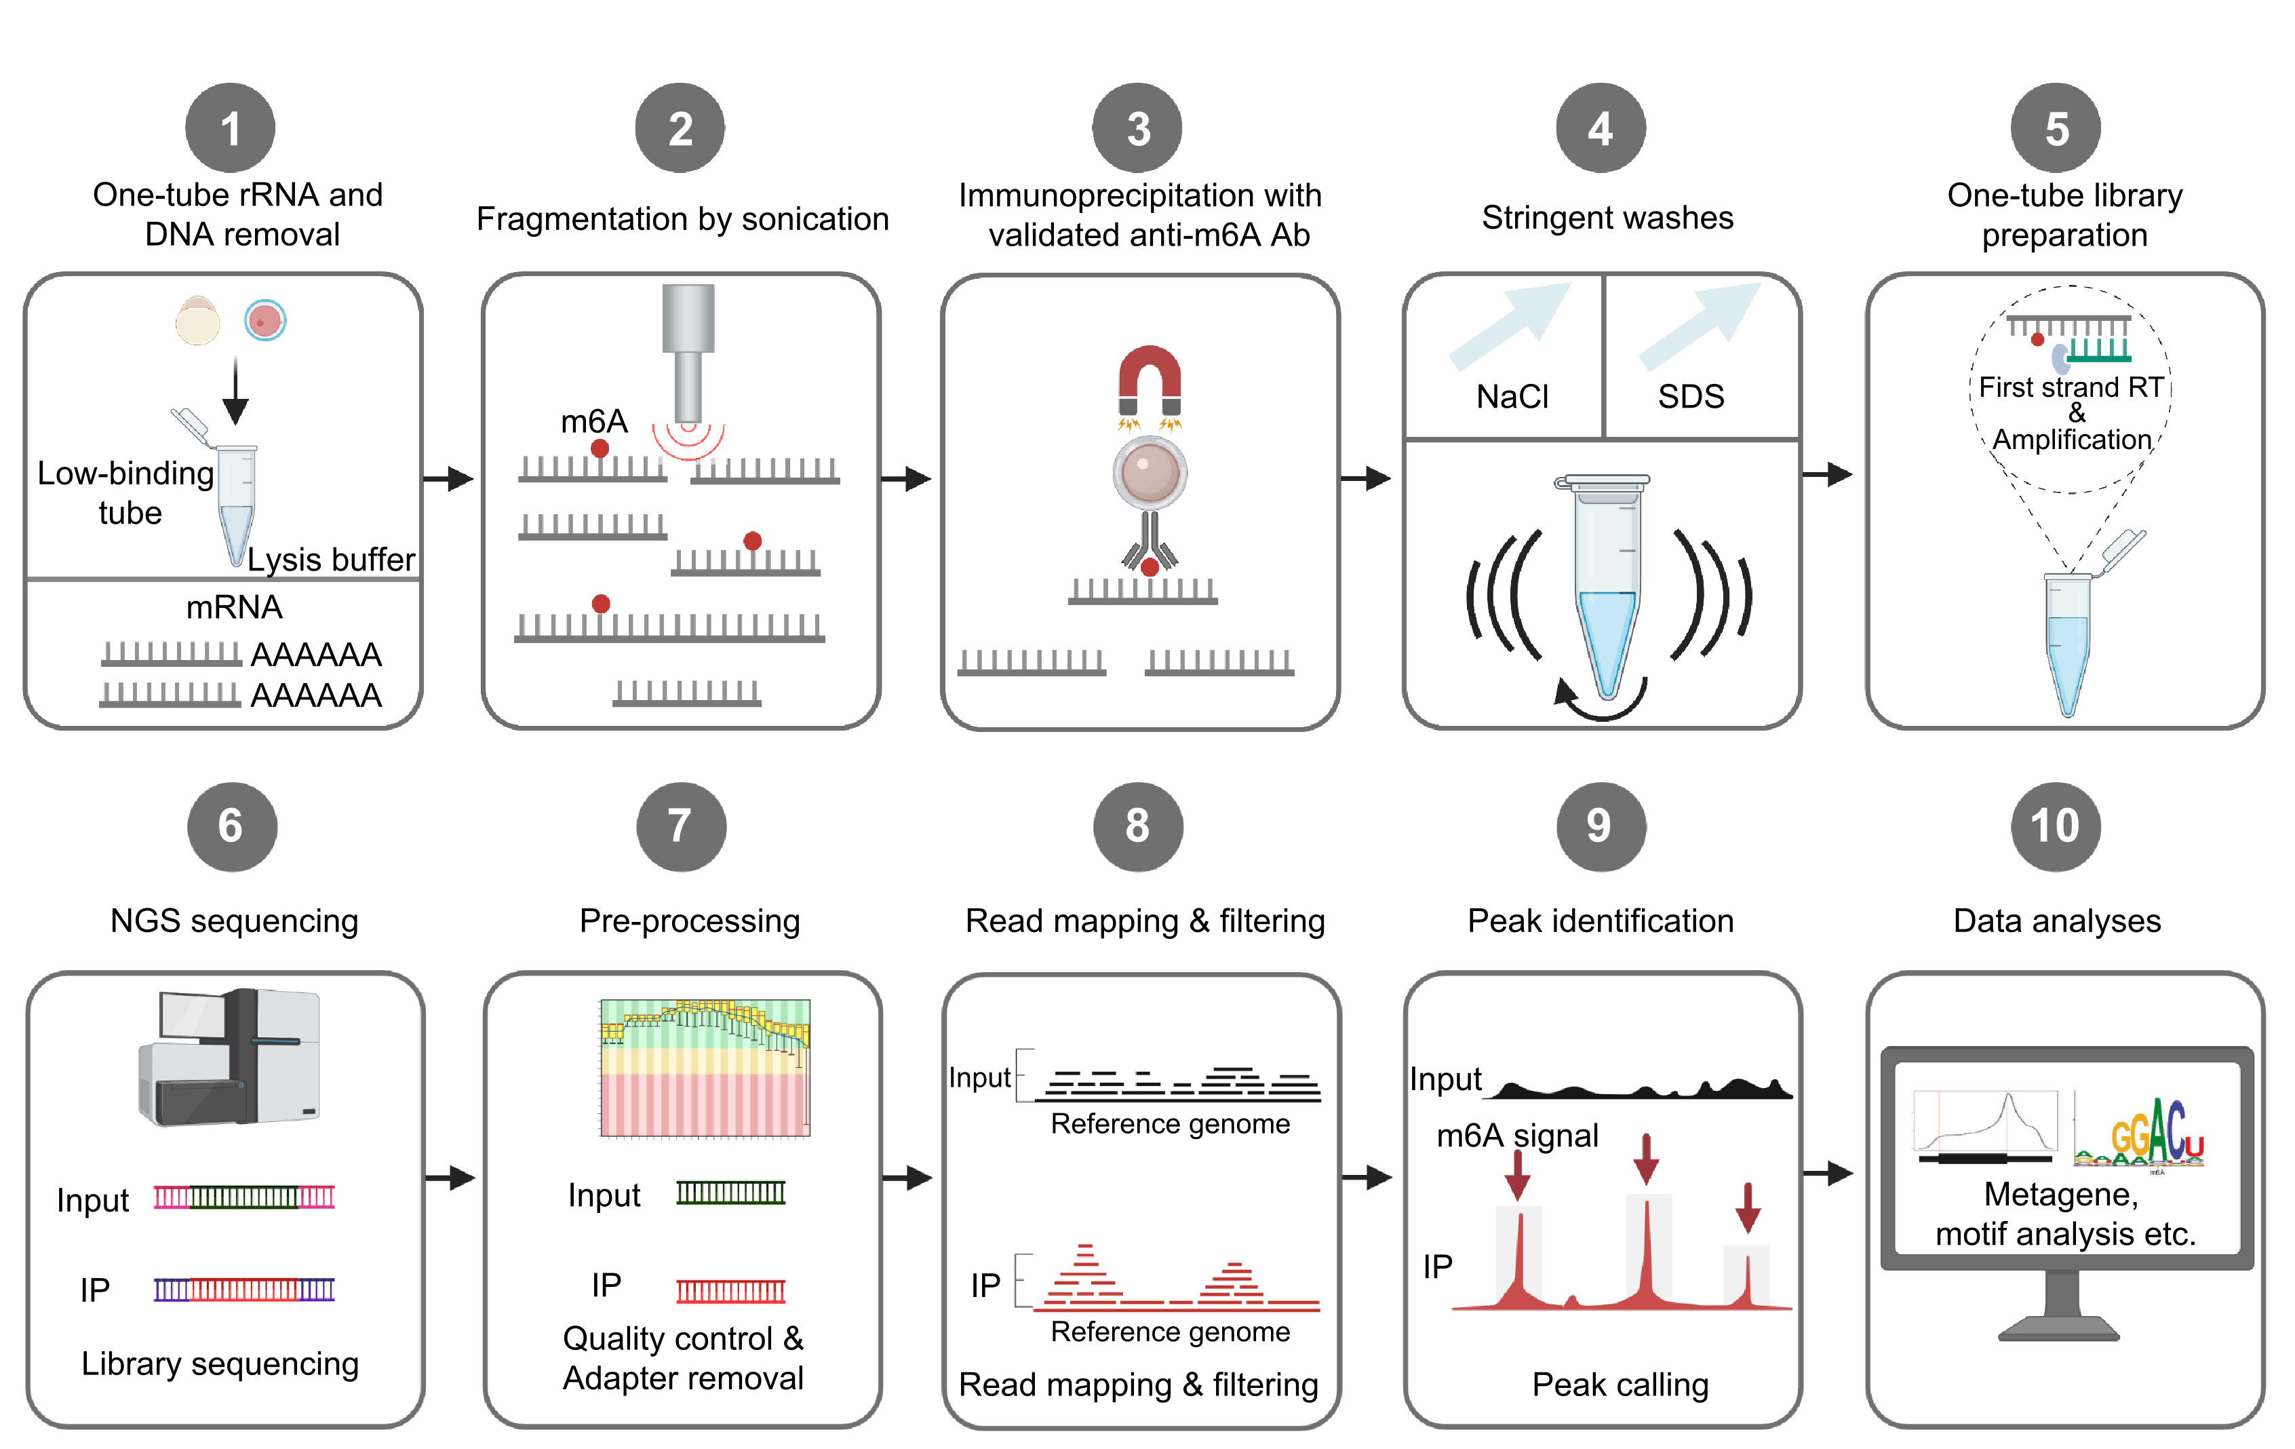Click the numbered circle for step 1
(x=230, y=128)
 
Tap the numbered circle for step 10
(x=2055, y=826)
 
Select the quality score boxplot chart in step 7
(x=705, y=1068)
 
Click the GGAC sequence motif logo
(x=2140, y=1134)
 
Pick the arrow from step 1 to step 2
(x=448, y=478)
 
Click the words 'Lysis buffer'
(x=331, y=560)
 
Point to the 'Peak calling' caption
(x=1620, y=1384)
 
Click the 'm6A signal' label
(x=1516, y=1136)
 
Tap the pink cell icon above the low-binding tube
(x=265, y=320)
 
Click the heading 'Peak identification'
(x=1601, y=921)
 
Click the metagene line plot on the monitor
(x=1984, y=1127)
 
